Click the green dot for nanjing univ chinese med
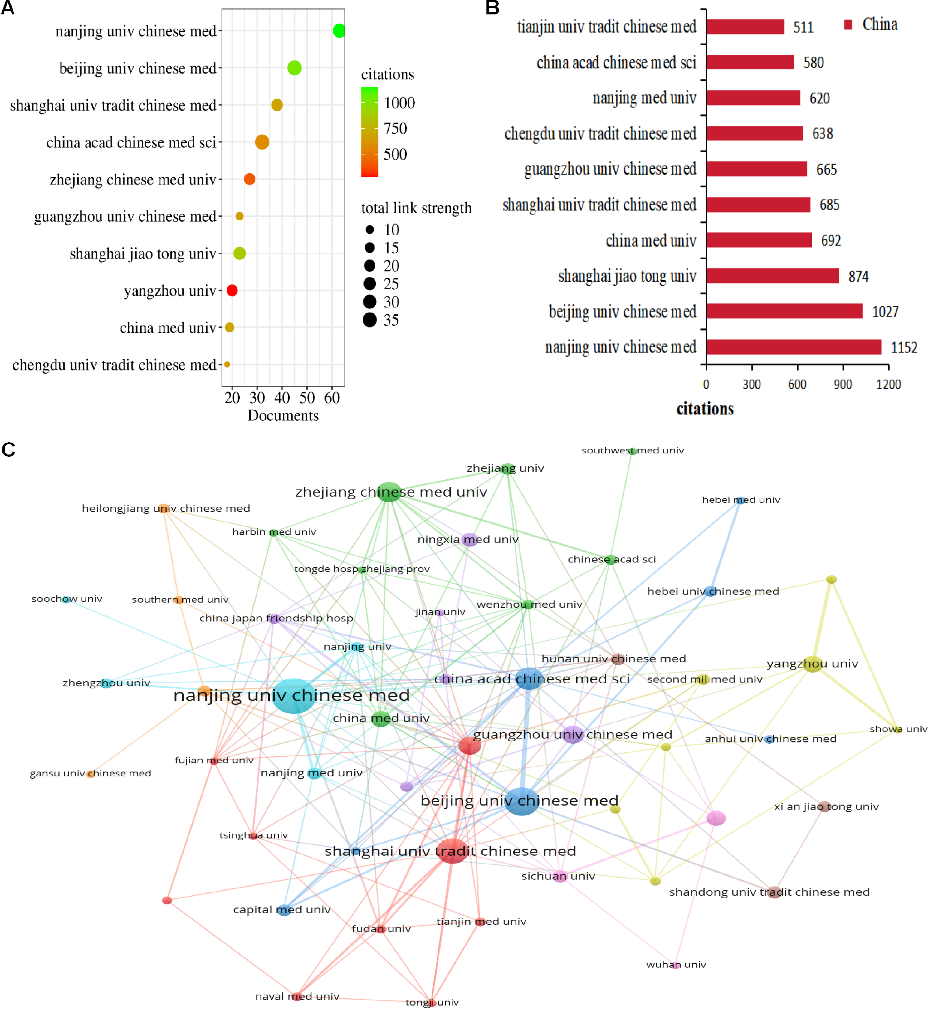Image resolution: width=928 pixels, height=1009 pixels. pyautogui.click(x=339, y=31)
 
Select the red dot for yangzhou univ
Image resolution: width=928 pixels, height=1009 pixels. pyautogui.click(x=232, y=290)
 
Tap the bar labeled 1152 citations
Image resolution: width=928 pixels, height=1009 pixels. pyautogui.click(x=794, y=347)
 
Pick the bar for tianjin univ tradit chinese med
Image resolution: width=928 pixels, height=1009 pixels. pyautogui.click(x=745, y=27)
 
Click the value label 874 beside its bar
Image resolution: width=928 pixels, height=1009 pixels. pyautogui.click(x=858, y=276)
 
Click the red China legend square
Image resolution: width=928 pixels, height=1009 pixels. pyautogui.click(x=848, y=25)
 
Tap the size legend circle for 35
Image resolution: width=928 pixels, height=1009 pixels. pyautogui.click(x=370, y=320)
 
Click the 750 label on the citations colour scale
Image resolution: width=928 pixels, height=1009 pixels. pyautogui.click(x=395, y=129)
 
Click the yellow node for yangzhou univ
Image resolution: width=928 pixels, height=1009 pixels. pyautogui.click(x=813, y=664)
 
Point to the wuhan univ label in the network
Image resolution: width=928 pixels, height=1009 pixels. pyautogui.click(x=676, y=964)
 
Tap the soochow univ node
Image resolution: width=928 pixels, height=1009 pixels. pyautogui.click(x=66, y=599)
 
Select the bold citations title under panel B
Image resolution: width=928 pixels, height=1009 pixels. pyautogui.click(x=705, y=409)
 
